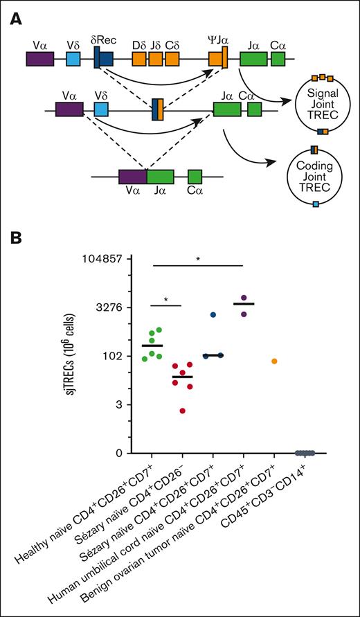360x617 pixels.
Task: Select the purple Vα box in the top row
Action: pos(40,60)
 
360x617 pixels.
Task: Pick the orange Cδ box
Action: pos(172,60)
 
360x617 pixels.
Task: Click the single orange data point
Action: pos(275,361)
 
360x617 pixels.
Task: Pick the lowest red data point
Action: pos(182,411)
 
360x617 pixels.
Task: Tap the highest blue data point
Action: pos(214,315)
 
